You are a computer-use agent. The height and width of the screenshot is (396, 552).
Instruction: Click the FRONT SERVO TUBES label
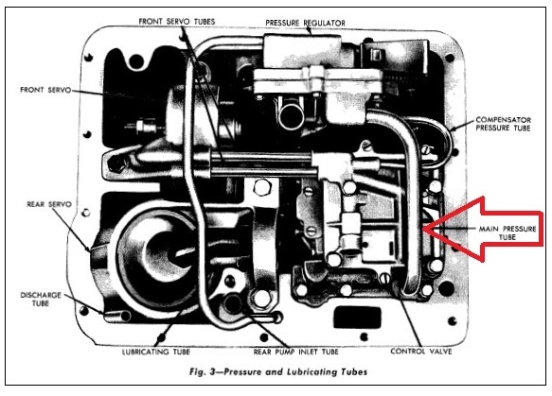click(177, 22)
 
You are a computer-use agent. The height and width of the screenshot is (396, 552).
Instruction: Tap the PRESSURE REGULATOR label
click(305, 24)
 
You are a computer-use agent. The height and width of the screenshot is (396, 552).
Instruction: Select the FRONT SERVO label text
click(45, 90)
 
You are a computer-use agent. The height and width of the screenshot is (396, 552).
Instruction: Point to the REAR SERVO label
click(49, 204)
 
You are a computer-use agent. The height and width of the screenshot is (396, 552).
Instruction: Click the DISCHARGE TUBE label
click(41, 299)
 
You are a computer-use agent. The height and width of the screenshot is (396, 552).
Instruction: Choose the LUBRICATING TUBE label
click(156, 352)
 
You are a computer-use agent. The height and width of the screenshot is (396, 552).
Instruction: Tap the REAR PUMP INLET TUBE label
click(295, 352)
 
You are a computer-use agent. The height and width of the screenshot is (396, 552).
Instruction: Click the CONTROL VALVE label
click(421, 352)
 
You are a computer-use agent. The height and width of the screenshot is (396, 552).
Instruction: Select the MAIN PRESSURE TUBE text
click(507, 232)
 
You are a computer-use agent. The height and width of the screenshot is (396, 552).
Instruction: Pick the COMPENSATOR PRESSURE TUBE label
click(504, 124)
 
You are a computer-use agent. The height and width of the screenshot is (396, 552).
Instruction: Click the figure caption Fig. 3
click(278, 371)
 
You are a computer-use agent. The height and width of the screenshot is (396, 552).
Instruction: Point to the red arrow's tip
click(423, 229)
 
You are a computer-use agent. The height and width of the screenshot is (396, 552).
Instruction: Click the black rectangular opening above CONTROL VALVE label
click(357, 317)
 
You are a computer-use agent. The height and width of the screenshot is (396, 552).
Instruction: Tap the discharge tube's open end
click(124, 316)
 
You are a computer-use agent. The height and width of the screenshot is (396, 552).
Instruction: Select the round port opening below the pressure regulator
click(292, 115)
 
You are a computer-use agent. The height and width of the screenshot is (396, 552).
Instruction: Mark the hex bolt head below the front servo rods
click(261, 187)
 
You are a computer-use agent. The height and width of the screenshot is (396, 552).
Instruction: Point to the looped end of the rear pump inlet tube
click(276, 318)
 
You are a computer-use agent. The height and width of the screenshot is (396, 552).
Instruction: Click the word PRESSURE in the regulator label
click(284, 24)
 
